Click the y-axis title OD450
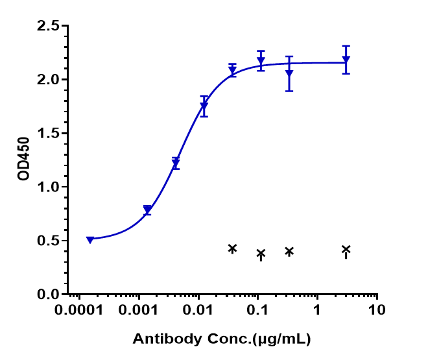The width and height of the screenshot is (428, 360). tap(24, 160)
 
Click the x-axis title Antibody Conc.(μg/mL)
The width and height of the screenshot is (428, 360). tap(221, 339)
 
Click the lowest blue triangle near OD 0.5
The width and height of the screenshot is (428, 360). tap(90, 239)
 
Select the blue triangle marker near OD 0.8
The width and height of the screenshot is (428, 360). tap(148, 210)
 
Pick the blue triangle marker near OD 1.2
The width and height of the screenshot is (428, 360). tap(176, 163)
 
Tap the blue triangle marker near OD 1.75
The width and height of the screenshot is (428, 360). tap(204, 106)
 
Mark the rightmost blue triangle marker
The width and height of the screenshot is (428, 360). tap(346, 60)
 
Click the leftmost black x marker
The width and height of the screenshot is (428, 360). tap(232, 248)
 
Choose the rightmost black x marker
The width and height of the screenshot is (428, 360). tap(346, 249)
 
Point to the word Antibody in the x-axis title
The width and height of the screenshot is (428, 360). tap(160, 339)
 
